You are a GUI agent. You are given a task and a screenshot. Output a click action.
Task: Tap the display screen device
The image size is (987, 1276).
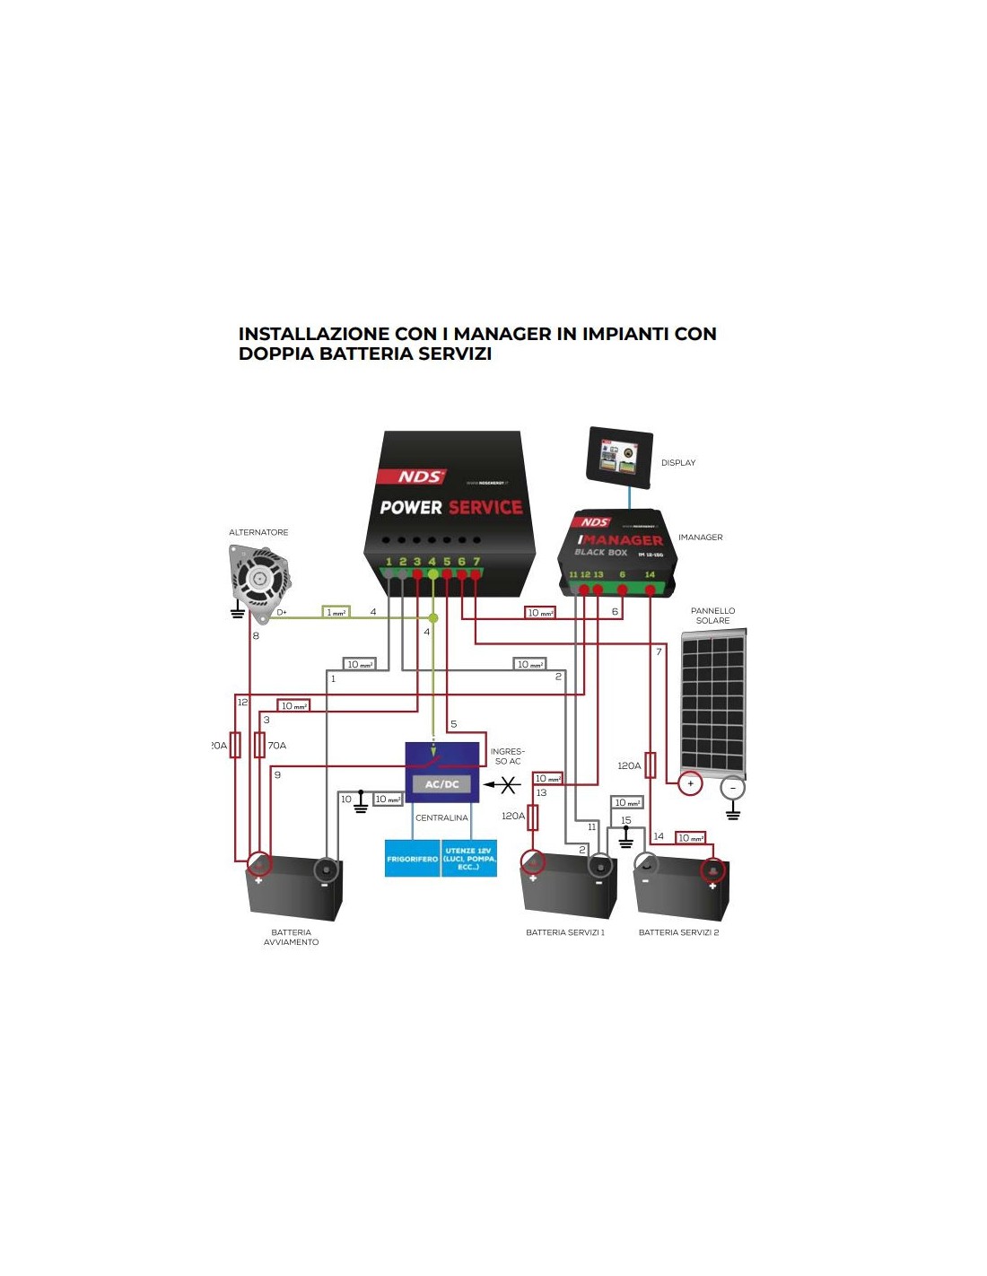click(620, 457)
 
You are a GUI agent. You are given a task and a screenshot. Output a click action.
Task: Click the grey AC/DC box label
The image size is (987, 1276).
click(441, 784)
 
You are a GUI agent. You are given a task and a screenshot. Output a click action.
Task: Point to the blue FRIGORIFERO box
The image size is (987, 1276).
click(413, 859)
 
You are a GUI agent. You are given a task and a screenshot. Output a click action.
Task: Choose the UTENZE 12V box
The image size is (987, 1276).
click(469, 859)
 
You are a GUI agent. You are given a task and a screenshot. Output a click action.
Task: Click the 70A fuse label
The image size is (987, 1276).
click(277, 746)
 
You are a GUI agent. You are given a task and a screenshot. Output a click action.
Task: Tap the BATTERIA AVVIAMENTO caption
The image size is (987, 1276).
click(291, 938)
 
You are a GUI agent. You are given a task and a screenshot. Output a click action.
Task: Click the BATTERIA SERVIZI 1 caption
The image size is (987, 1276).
click(565, 932)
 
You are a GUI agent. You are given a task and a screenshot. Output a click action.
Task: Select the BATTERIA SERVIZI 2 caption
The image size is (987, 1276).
click(678, 932)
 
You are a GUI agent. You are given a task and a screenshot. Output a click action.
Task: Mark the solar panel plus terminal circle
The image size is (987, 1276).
click(690, 783)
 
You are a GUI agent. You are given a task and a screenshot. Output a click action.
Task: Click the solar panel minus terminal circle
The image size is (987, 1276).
click(732, 788)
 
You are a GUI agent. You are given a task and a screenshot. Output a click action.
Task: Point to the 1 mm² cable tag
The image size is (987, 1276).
click(336, 612)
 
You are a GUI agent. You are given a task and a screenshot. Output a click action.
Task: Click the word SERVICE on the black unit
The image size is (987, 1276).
click(485, 508)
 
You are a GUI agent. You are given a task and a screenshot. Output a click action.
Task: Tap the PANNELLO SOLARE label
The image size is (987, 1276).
click(713, 616)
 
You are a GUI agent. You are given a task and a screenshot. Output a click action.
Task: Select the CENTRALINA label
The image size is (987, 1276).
click(441, 817)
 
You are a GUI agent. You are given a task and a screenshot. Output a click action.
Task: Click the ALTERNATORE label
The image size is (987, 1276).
click(258, 532)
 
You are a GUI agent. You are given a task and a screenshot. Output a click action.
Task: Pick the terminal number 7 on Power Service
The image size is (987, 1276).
click(476, 562)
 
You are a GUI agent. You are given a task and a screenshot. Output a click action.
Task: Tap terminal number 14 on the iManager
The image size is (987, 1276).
click(650, 574)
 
